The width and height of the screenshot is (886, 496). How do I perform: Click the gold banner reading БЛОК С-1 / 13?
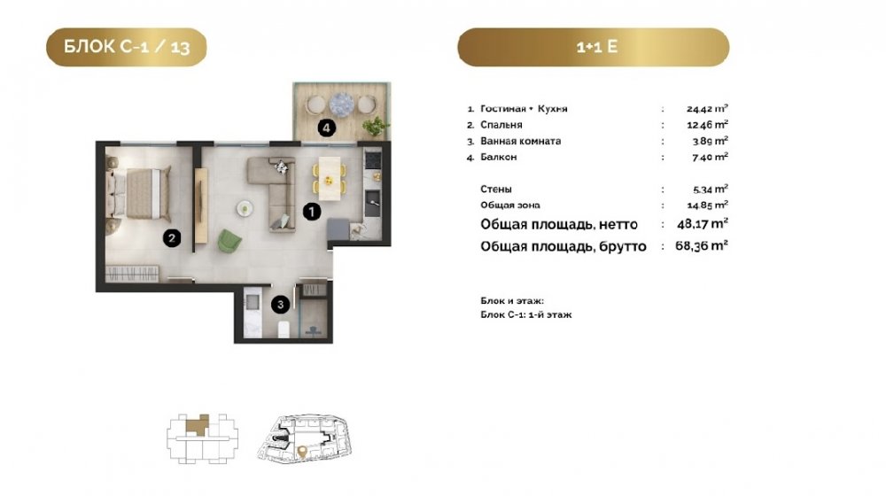pos(126,47)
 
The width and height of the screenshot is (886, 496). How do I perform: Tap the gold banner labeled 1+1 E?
pos(594,47)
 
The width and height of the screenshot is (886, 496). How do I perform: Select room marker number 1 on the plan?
pos(311,212)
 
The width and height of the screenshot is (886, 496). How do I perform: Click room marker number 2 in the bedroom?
pos(172,238)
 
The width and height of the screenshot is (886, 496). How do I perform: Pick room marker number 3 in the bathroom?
pos(280,305)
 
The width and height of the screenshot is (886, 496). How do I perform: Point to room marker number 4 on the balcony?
pos(326,128)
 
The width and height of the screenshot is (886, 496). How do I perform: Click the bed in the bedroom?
pos(139,193)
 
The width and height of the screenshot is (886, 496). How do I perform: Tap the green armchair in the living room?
pos(229,241)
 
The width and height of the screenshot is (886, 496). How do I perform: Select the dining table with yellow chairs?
pos(330,178)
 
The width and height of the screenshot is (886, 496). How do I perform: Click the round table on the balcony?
pos(341,104)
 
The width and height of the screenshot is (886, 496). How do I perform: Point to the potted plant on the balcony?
pos(375,127)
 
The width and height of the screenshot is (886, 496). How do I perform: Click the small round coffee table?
pos(245,208)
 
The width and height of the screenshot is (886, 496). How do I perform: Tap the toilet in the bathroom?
pos(284,329)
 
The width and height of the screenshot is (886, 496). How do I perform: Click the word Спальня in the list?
pos(501,125)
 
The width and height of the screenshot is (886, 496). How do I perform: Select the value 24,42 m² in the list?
pos(707,108)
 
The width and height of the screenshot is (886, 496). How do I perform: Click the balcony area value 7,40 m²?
pos(710,157)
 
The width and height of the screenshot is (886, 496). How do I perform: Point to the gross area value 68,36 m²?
pos(701,245)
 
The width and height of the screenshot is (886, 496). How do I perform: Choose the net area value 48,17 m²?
pos(703,224)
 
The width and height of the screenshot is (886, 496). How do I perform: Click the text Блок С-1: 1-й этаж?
pos(526,314)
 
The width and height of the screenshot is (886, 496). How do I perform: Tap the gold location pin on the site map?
pos(302,451)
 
